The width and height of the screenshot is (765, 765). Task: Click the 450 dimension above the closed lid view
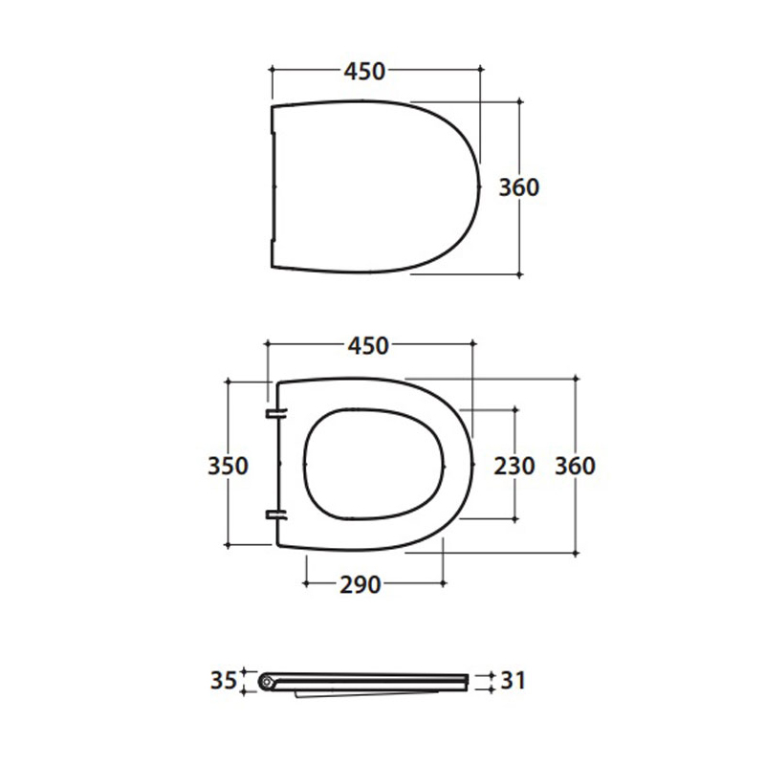coord(364,71)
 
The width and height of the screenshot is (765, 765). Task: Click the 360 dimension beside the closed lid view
coord(519,187)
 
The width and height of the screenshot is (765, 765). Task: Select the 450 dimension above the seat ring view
coord(368,346)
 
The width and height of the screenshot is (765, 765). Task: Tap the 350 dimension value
coord(228,466)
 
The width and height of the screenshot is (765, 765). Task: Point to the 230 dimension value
coord(514,466)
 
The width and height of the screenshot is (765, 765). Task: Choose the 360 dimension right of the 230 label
coord(576,466)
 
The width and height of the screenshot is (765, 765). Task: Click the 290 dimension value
coord(361,585)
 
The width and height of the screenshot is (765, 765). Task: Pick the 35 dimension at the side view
coord(224,680)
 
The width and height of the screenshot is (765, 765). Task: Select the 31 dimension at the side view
coord(513,680)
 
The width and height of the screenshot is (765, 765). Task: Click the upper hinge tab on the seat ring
coord(276,414)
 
